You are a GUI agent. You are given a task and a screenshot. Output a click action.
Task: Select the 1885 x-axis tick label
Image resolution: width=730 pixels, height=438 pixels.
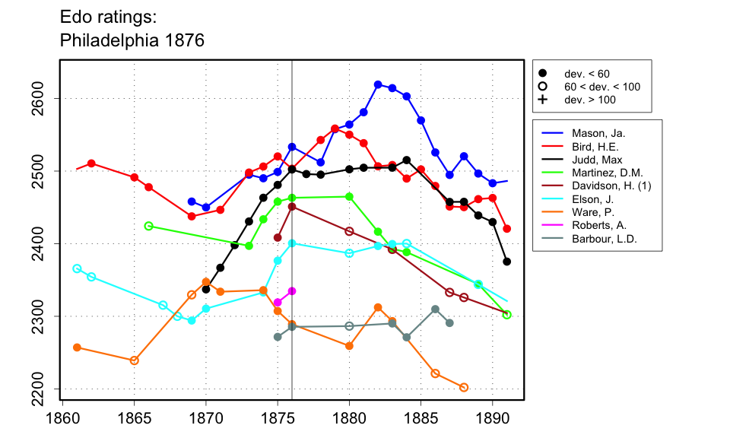pyautogui.click(x=421, y=417)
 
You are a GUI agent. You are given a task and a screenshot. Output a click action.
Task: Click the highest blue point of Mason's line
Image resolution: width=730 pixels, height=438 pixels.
pyautogui.click(x=378, y=84)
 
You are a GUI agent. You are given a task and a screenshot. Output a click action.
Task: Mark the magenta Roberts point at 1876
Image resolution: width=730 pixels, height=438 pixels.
pyautogui.click(x=292, y=291)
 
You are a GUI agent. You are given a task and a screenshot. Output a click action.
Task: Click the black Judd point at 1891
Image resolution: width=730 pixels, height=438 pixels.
pyautogui.click(x=507, y=262)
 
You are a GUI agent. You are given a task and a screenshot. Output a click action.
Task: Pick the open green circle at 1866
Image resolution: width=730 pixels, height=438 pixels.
pyautogui.click(x=148, y=226)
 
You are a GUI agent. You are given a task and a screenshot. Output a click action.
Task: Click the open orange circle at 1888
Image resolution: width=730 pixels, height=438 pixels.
pyautogui.click(x=464, y=387)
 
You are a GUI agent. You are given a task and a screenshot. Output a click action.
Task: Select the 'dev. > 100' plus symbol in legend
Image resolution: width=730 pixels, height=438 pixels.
pyautogui.click(x=543, y=100)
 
